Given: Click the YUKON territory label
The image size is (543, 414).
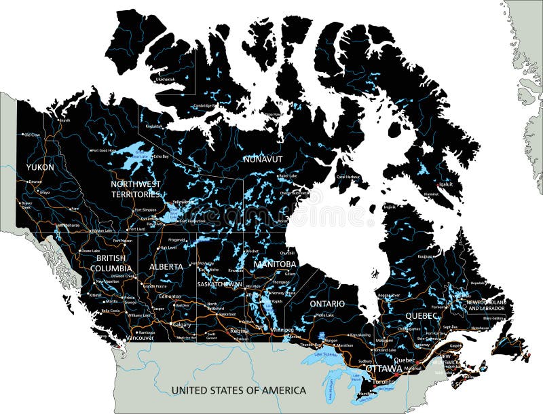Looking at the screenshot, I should click(x=40, y=167).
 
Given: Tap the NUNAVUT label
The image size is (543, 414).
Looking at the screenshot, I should click(x=263, y=159).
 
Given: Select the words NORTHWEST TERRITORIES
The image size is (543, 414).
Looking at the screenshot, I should click(x=136, y=189).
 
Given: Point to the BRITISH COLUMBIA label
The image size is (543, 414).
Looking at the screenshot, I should click(x=111, y=263).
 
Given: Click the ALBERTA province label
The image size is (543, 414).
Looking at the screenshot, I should click(x=166, y=266).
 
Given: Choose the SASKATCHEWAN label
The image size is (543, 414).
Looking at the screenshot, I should click(x=219, y=284).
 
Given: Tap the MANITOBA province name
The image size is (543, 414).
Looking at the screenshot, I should click(x=276, y=264).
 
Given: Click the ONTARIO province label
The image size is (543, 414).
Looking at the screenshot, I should click(x=327, y=304).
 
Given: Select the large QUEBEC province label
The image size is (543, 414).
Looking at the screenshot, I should click(x=423, y=316).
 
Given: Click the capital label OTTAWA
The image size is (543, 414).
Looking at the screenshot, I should click(x=384, y=368).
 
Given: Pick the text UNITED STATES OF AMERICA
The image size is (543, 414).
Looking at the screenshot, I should click(x=238, y=390).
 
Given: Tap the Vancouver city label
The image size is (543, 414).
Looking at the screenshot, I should click(x=140, y=338).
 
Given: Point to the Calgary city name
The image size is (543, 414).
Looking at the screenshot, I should click(x=182, y=325).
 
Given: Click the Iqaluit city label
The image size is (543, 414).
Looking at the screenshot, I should click(x=446, y=184).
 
